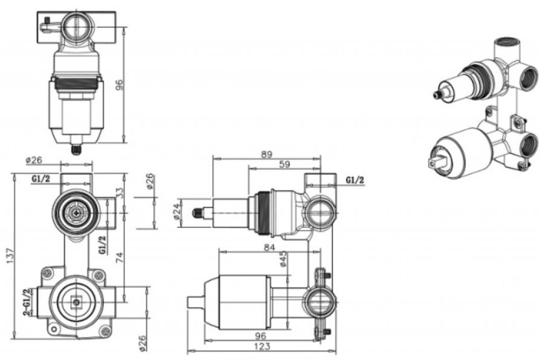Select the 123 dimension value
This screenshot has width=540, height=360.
pos(262,346)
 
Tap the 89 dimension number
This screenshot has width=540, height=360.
pos(266,155)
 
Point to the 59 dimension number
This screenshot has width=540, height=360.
pos(284,164)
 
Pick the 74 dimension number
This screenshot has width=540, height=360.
pos(119,257)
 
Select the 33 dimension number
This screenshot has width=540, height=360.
pos(119,193)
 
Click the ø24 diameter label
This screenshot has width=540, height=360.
pos(177,213)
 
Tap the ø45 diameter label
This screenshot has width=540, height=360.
pos(283,259)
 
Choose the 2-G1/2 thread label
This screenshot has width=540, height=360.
pos(27,302)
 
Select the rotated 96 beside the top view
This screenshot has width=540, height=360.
pos(119,85)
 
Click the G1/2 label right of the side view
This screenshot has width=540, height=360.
pos(355,180)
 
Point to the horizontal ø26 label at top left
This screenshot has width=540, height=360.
pos(34,160)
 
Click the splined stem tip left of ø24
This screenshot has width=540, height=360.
pos(197,213)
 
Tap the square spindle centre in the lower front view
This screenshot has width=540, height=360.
pos(77,303)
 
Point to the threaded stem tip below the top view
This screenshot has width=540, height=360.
pos(76,149)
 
